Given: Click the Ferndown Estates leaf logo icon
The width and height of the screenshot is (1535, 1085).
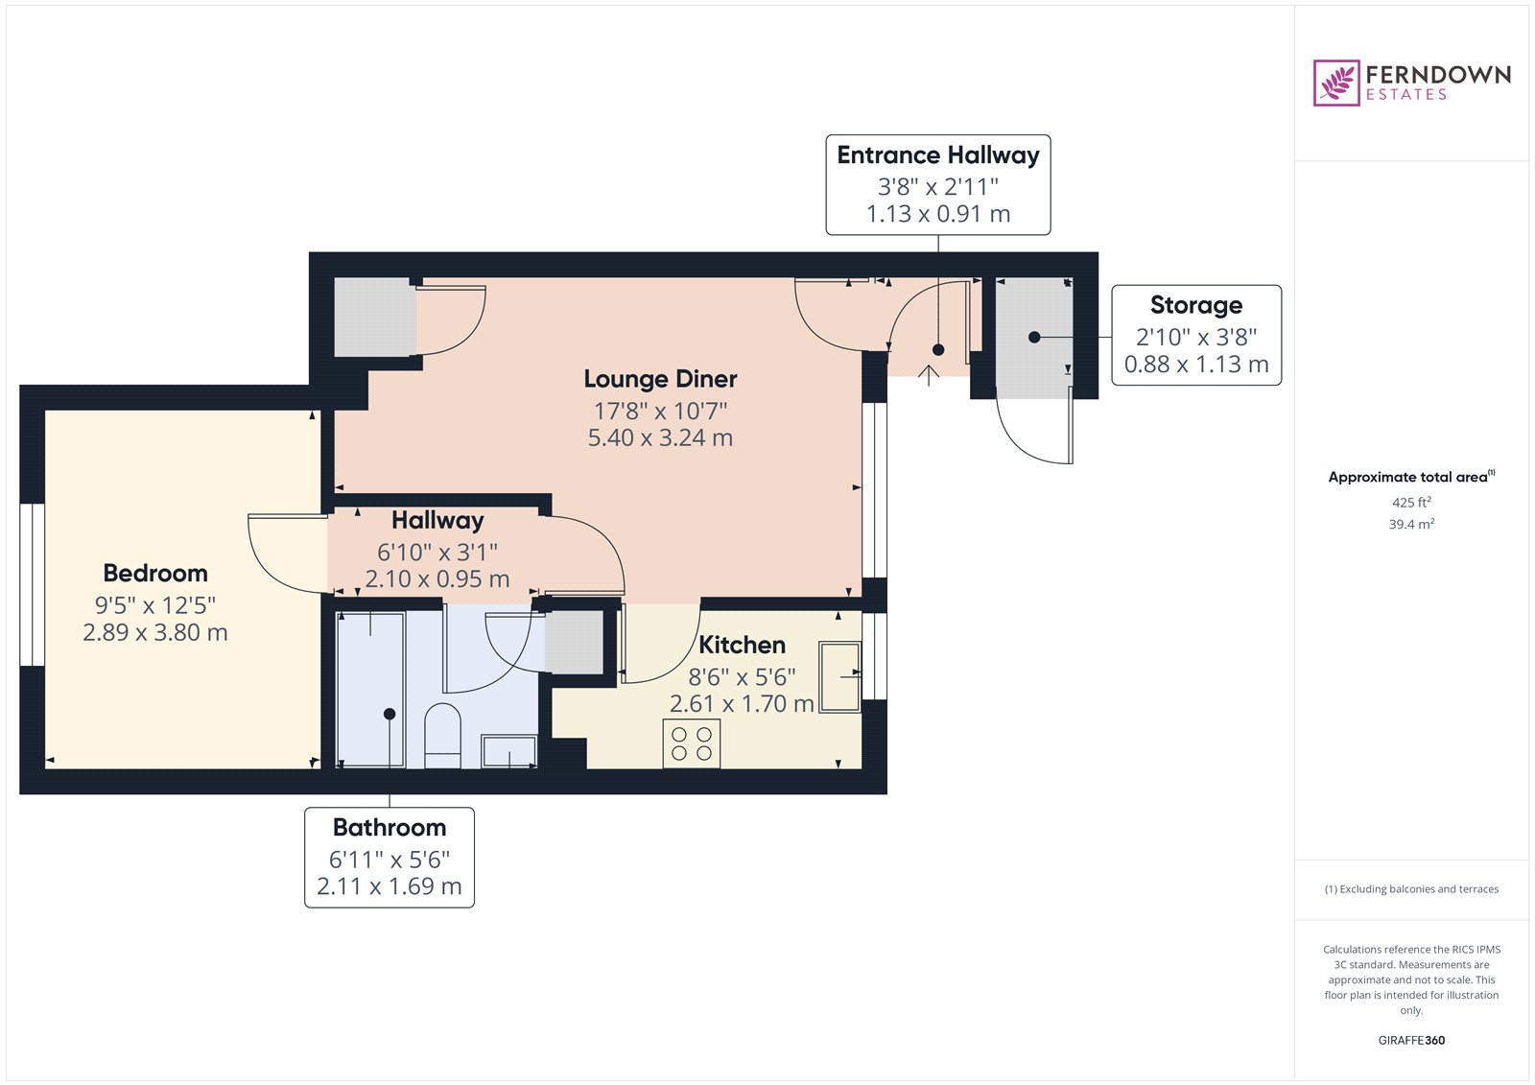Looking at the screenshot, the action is coord(1335,83).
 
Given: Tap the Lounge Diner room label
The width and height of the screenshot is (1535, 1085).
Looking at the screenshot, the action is coord(660,379).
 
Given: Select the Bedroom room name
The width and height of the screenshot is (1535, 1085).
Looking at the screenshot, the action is coord(155,573).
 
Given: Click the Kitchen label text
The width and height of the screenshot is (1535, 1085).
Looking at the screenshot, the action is coord(742,645).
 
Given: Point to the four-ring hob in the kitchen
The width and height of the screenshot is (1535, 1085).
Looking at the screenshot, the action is coord(692,743).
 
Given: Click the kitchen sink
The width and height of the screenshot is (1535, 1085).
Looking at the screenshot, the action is coord(840,677).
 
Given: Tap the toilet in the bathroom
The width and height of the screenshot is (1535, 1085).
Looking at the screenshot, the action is coord(442,736).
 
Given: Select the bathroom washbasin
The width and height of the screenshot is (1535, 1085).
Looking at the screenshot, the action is coord(509,751).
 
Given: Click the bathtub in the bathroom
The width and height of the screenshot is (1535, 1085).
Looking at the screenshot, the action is coord(370,690).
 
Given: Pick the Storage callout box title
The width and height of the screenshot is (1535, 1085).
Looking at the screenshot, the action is coord(1195,305).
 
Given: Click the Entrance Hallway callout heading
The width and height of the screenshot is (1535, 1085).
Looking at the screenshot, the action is coord(938,155).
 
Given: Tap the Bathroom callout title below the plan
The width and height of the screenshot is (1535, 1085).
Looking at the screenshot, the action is coord(390,827).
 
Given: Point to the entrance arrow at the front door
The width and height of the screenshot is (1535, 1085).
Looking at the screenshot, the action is coord(929,375).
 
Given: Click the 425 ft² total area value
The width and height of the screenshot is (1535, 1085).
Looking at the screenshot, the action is coord(1411,502).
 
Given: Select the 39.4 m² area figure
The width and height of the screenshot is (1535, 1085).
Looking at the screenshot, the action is coord(1411,524).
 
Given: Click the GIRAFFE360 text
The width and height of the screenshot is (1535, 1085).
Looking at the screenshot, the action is coord(1411,1040).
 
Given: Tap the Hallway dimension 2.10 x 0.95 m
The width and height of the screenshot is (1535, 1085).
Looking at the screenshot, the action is coord(437,579).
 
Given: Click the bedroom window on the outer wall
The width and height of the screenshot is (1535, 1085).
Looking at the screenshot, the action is coord(32,584).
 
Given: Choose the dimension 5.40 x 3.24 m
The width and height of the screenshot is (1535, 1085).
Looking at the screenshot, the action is coord(660,437).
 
